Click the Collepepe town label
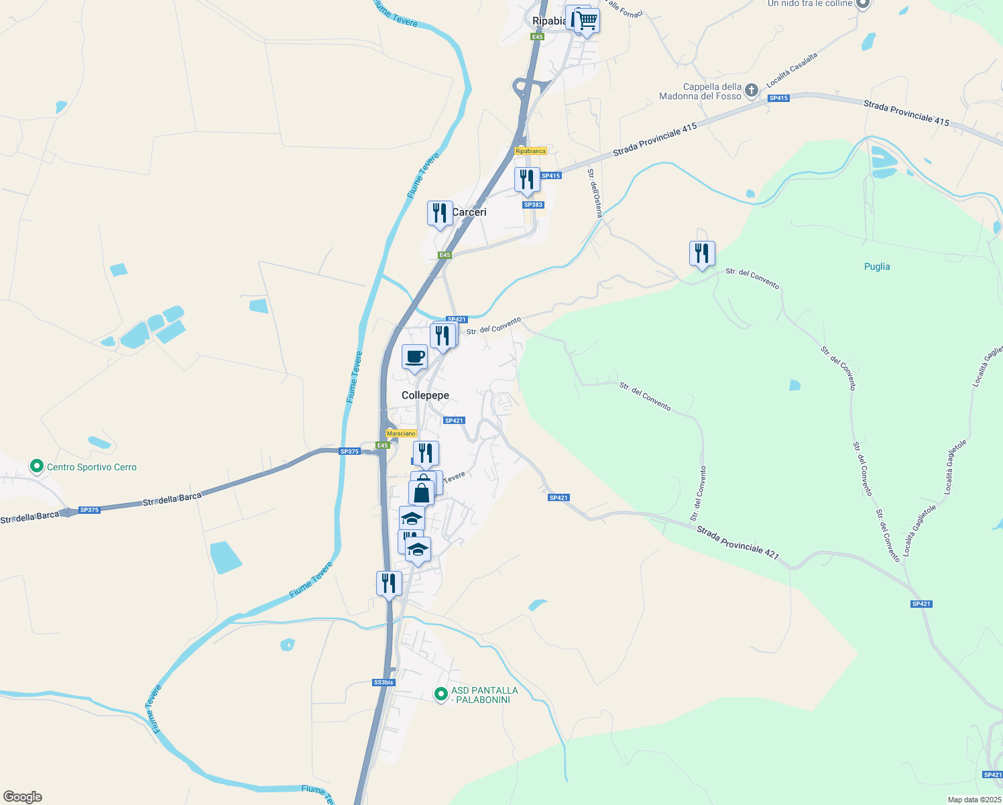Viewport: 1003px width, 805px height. [x=425, y=395]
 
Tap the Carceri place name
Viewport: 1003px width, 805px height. [x=469, y=212]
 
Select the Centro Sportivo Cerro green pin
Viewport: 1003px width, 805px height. [x=36, y=466]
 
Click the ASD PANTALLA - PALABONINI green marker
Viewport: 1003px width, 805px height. [x=440, y=694]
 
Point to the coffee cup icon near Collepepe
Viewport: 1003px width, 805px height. [x=414, y=356]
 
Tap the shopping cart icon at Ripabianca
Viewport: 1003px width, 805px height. [x=587, y=21]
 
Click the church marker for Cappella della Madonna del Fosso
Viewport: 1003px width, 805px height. [x=752, y=90]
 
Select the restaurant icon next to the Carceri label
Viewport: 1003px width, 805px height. [x=440, y=213]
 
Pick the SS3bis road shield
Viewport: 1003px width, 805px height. [x=383, y=682]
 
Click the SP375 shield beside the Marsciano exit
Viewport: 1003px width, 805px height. [x=349, y=451]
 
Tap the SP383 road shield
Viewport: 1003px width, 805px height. [x=533, y=205]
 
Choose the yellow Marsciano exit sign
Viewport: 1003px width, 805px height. [x=402, y=433]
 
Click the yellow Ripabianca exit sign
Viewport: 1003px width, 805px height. [x=530, y=151]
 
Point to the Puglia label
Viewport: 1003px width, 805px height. [x=876, y=266]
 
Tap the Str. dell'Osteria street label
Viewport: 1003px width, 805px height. [x=595, y=193]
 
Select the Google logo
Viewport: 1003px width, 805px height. [x=22, y=797]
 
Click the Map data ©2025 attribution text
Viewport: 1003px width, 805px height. [x=973, y=800]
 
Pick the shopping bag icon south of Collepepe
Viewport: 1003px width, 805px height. [x=422, y=493]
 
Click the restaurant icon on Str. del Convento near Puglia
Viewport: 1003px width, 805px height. [x=702, y=254]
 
